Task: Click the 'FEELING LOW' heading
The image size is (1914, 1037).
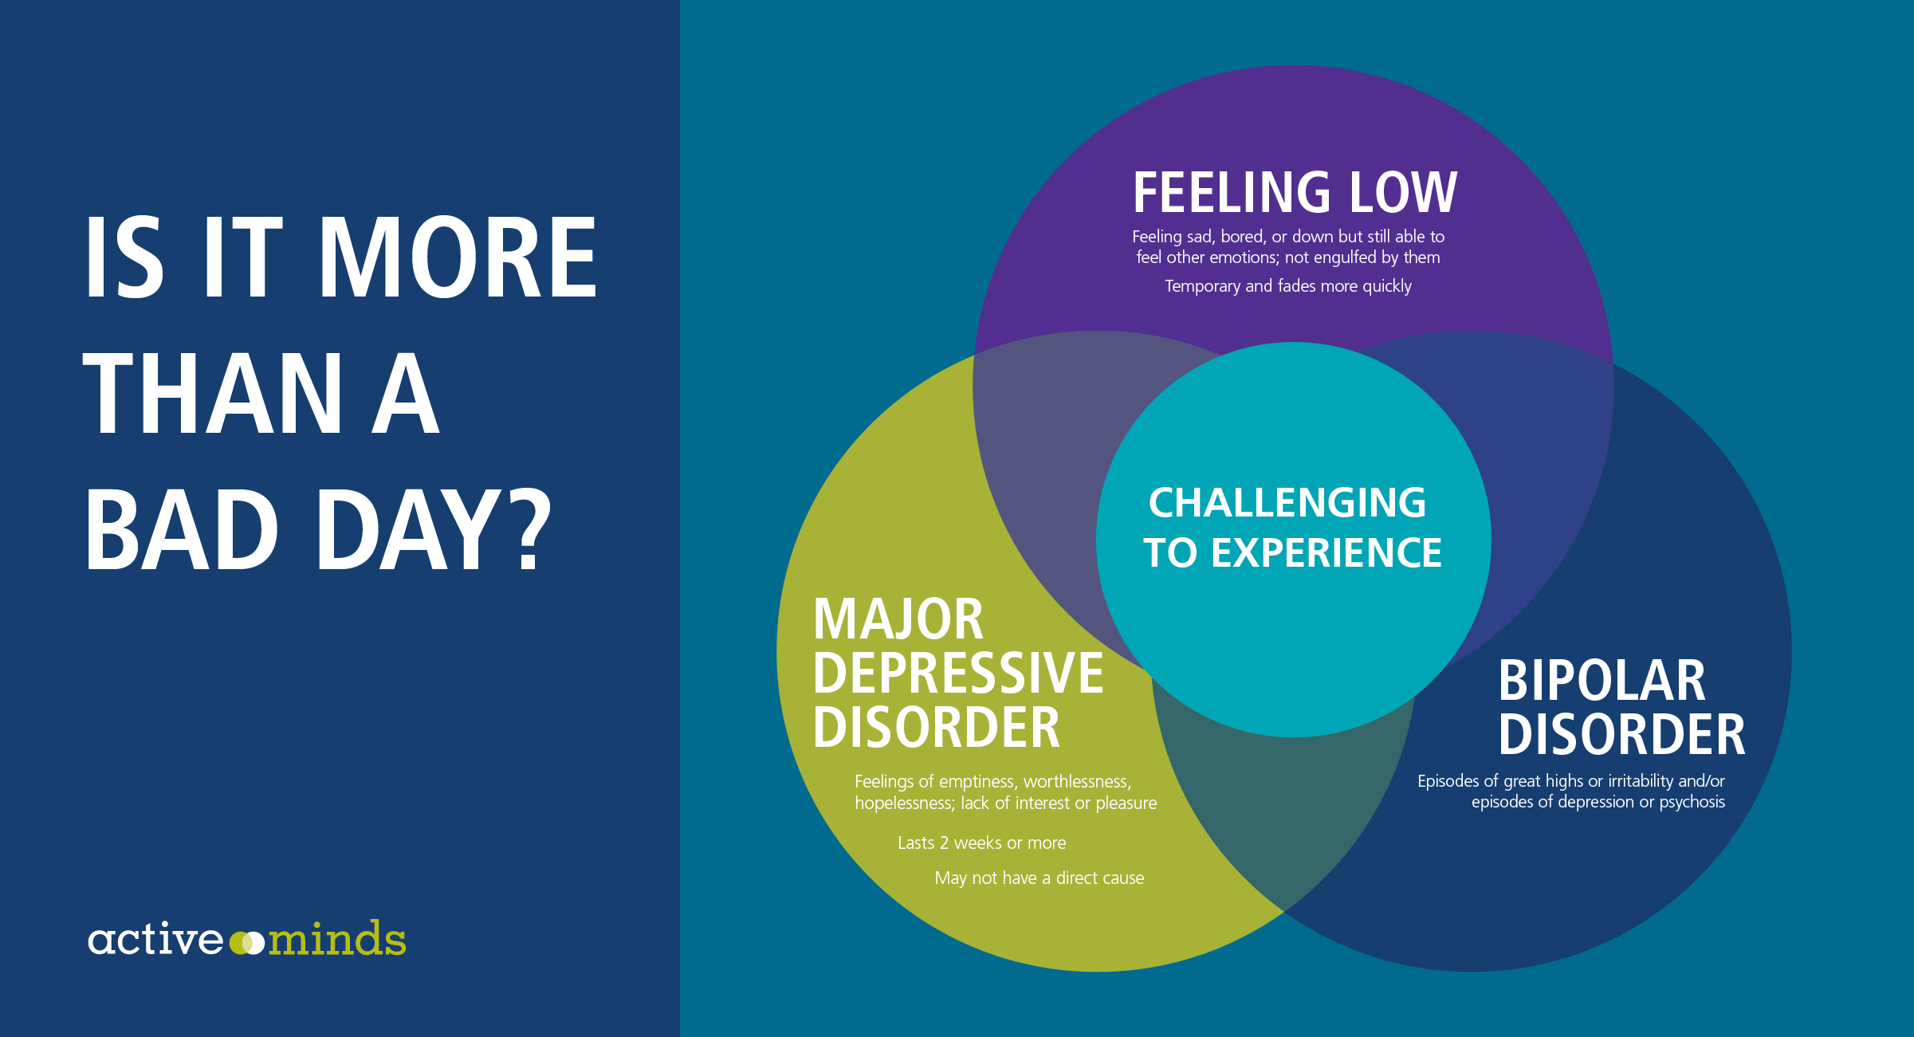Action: point(1295,193)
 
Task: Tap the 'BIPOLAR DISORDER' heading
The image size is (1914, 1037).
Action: point(1621,707)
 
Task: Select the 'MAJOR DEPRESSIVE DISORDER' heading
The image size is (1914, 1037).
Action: point(958,674)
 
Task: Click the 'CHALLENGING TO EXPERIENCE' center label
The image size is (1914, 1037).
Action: point(1292,528)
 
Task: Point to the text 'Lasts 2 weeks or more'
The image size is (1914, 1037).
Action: point(981,843)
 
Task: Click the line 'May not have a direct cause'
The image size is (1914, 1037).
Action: point(1040,878)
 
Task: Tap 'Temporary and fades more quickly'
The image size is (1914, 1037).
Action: point(1288,286)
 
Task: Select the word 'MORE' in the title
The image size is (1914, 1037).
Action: point(458,257)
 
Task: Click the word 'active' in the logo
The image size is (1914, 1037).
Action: point(155,939)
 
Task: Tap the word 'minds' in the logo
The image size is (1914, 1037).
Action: point(336,938)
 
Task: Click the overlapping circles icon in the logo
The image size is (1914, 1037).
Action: point(246,943)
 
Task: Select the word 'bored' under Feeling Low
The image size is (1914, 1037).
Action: point(1242,237)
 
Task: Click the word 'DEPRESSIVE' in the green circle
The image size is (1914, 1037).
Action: point(958,674)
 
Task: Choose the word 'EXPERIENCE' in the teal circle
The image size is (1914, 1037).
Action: point(1326,552)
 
